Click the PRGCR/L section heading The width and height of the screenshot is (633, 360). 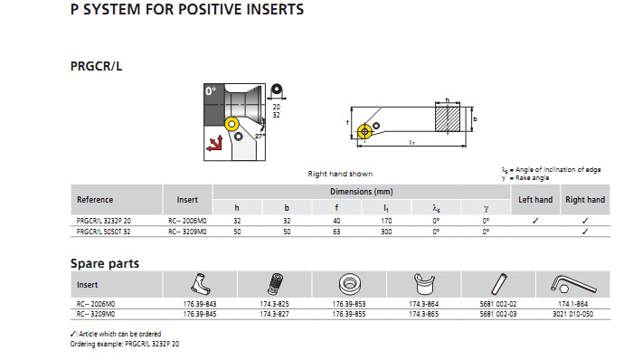96,66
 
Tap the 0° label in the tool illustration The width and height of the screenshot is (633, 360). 211,91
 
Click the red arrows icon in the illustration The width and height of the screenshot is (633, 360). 214,144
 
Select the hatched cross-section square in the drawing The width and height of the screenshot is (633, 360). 448,119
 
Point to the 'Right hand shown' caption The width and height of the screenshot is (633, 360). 340,174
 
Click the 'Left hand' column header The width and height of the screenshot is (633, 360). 535,200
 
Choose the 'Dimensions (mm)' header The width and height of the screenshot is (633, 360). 362,192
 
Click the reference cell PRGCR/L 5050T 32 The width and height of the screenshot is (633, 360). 103,232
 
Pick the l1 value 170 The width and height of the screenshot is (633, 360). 386,221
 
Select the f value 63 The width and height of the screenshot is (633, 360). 336,232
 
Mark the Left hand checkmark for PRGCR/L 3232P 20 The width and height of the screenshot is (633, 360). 535,221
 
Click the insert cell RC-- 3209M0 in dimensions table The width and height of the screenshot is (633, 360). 187,232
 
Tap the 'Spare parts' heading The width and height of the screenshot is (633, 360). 105,263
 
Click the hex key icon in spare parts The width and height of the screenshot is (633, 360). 572,284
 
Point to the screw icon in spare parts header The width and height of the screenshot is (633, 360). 275,284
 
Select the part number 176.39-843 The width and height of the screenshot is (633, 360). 200,304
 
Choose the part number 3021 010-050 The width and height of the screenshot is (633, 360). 572,314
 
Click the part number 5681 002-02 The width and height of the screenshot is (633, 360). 498,304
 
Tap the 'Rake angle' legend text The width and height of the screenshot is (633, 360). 532,178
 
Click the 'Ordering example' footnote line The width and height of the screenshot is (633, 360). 125,344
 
